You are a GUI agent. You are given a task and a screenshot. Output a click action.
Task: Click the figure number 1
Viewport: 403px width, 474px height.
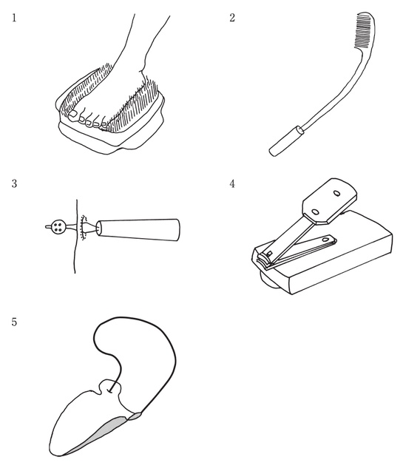pos(14,18)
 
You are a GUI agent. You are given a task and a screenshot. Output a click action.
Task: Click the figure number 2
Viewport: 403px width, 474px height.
pos(232,18)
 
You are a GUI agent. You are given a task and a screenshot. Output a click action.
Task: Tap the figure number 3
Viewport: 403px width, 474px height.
pos(14,183)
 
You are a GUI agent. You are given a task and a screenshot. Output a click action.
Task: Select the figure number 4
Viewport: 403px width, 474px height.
pos(232,183)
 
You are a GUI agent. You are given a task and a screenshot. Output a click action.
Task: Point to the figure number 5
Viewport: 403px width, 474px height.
pos(14,322)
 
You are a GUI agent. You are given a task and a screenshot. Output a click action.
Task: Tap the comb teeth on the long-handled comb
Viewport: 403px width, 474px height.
pos(363,31)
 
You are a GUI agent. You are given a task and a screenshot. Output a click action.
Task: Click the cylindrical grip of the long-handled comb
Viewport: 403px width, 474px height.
pos(286,141)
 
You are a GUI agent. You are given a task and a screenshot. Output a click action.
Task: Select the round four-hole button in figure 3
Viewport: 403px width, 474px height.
pos(58,226)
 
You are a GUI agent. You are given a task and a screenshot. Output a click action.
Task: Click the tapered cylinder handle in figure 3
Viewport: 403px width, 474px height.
pos(138,230)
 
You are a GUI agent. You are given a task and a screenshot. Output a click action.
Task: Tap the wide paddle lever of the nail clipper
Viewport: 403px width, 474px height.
pos(330,200)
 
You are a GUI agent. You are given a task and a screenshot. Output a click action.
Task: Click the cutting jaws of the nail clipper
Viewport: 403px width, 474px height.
pos(263,259)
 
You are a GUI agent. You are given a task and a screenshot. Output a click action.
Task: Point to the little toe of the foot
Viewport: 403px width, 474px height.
pos(104,126)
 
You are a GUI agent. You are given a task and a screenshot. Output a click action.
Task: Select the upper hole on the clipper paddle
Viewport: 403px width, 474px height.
pos(336,192)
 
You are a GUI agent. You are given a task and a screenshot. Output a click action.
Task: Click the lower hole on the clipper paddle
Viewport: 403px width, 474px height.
pos(315,211)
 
